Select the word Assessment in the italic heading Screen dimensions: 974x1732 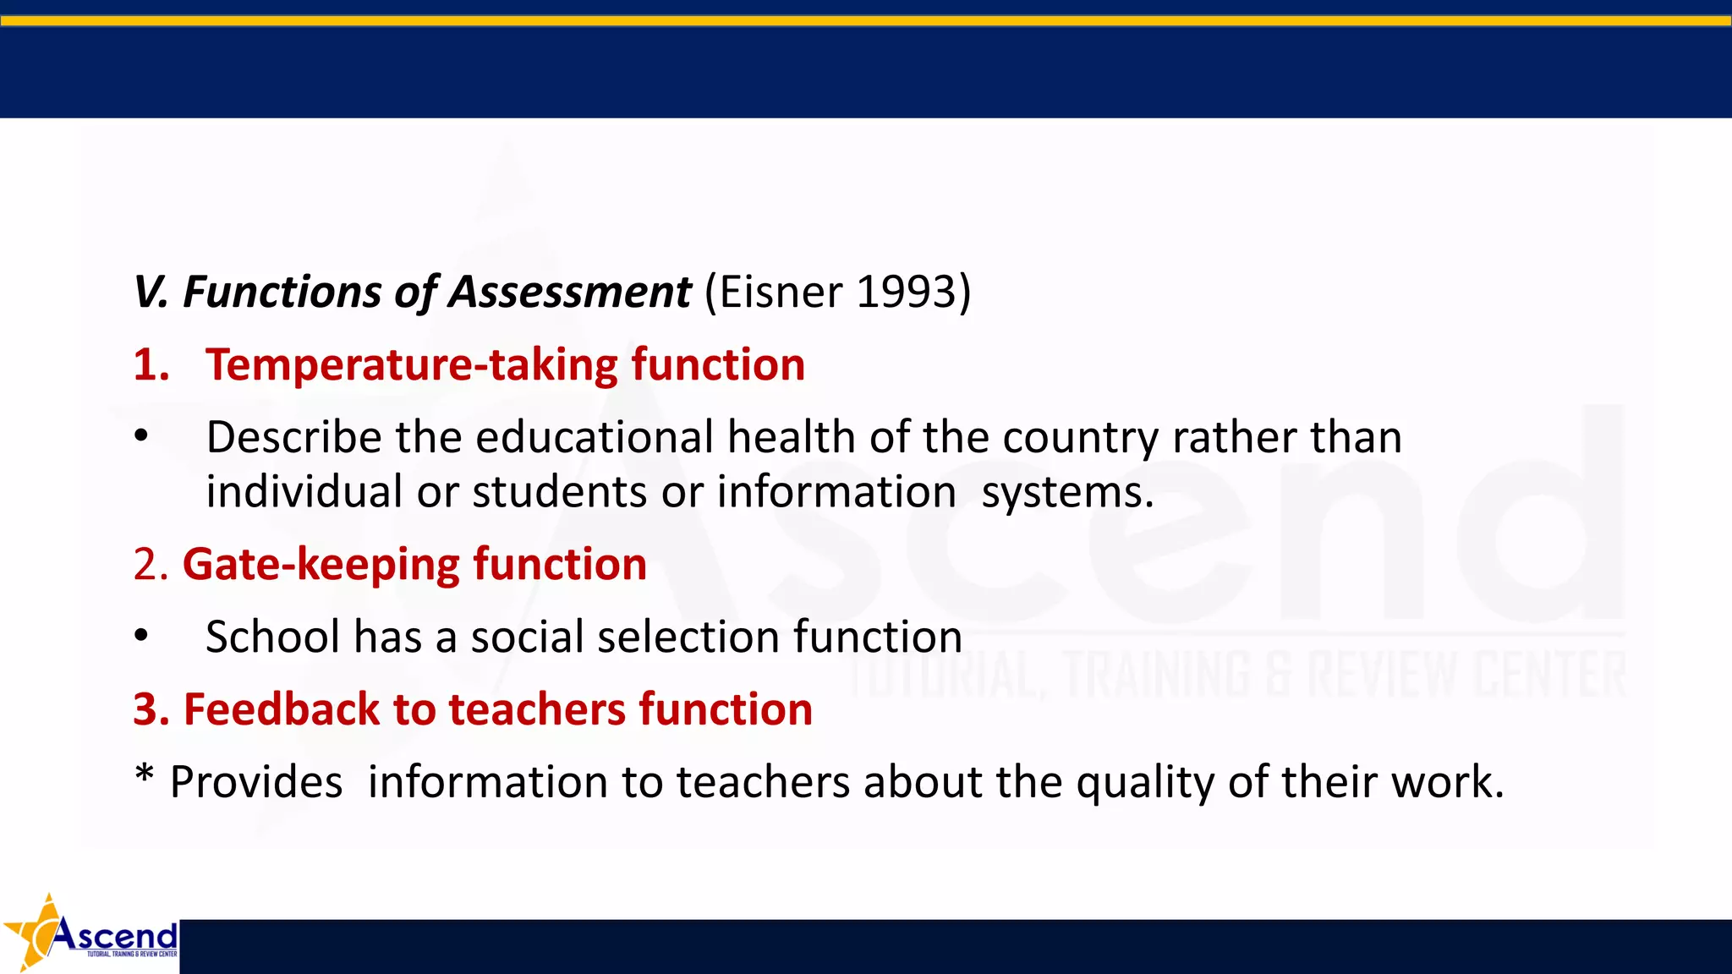tap(569, 293)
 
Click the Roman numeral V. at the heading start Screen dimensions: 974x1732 tap(152, 293)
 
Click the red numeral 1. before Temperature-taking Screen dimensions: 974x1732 tap(151, 365)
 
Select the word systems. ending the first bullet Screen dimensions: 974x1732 tap(1067, 492)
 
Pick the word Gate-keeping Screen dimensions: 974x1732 tap(321, 565)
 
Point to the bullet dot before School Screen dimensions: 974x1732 tap(141, 636)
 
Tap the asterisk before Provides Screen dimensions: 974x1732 tap(145, 773)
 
